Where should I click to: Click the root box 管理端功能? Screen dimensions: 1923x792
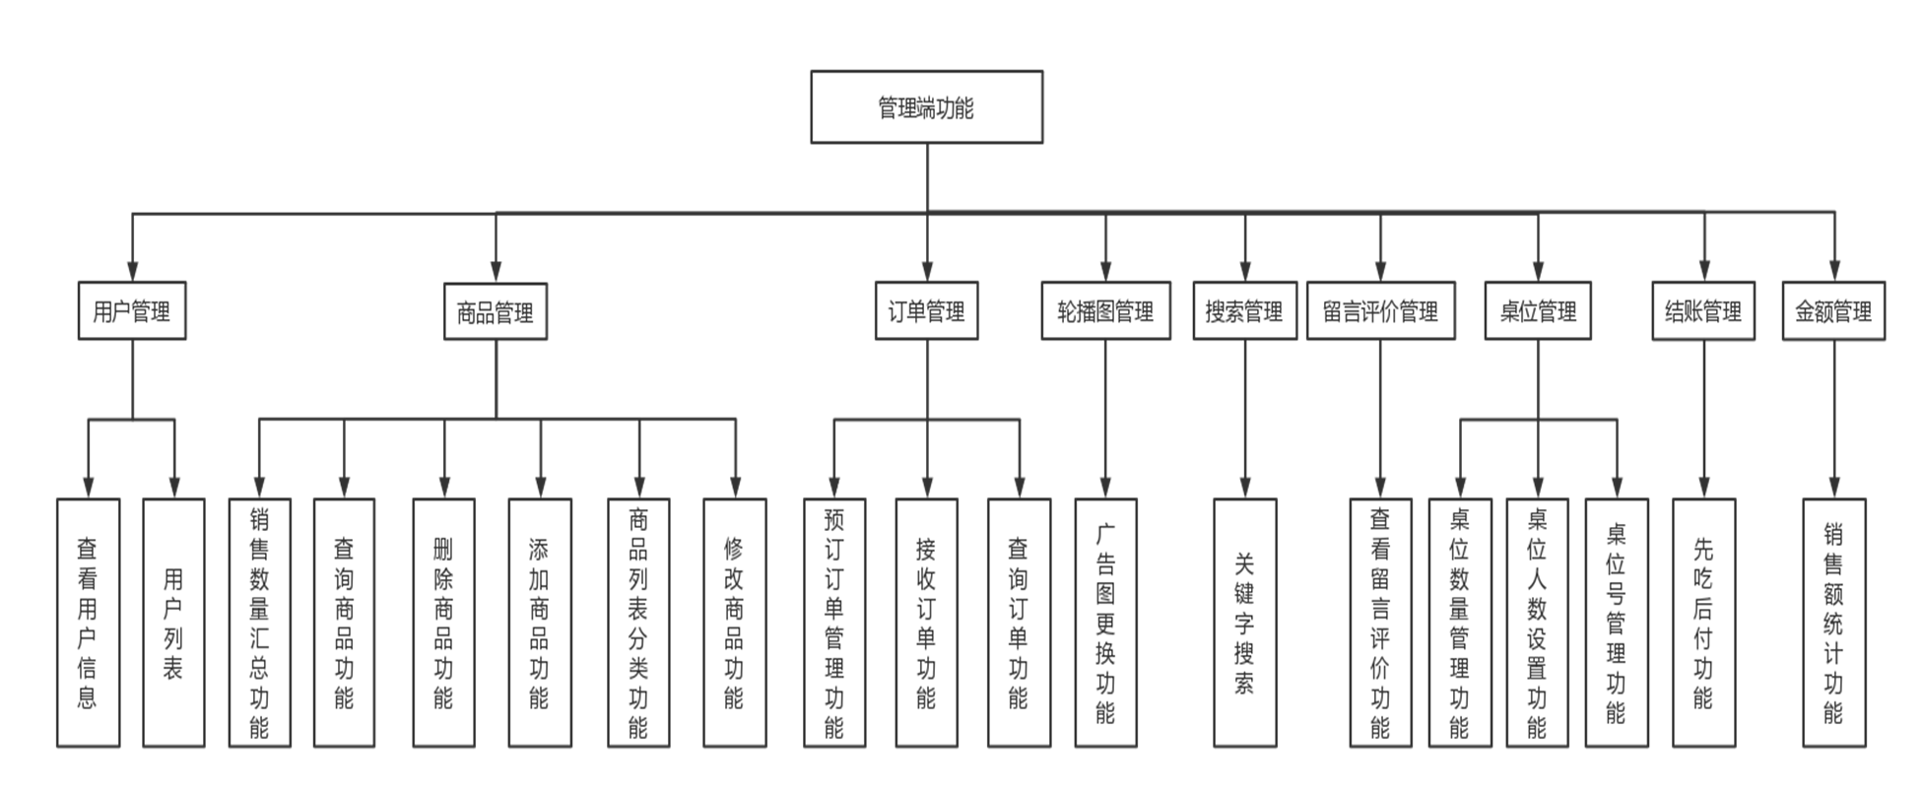click(926, 106)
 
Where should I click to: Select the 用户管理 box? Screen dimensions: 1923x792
click(132, 312)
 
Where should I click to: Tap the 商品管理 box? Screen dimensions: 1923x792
click(495, 312)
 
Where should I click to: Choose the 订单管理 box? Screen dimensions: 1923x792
click(926, 312)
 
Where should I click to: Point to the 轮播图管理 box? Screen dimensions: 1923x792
click(1105, 312)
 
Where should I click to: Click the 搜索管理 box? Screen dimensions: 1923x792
click(1244, 312)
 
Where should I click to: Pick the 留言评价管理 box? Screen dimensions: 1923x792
click(1380, 312)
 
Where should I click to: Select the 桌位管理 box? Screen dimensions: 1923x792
click(1538, 312)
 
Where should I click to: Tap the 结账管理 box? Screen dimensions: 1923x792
click(1703, 312)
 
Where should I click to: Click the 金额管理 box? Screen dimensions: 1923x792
click(1833, 312)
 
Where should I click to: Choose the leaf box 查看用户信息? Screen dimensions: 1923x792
click(88, 623)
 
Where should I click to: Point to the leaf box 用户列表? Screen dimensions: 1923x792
click(173, 623)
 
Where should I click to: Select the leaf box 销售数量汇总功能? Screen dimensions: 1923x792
click(259, 623)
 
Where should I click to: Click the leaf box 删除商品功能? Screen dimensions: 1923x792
click(443, 623)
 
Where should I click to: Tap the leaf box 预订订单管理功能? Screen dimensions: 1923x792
click(834, 623)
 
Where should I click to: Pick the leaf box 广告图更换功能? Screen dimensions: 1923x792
click(1105, 623)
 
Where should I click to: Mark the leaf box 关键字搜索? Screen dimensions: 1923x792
click(1244, 623)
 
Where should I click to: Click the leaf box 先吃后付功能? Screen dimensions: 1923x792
click(1703, 623)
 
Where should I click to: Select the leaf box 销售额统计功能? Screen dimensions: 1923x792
click(1833, 623)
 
